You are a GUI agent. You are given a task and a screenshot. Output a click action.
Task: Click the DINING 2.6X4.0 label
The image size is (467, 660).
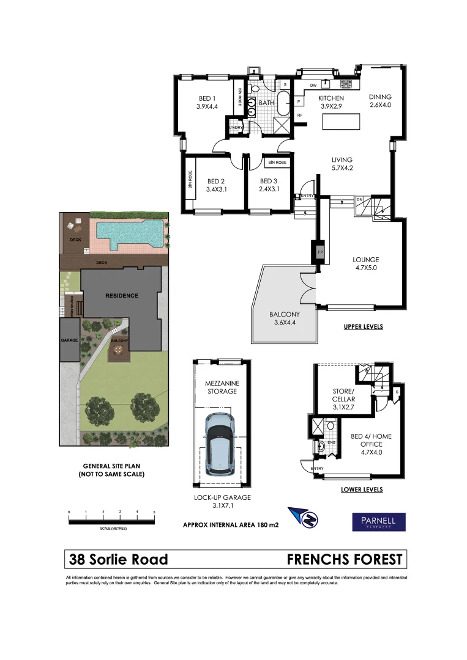tap(380, 101)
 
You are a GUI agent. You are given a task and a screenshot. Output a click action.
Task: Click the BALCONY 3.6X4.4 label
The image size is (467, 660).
tap(284, 319)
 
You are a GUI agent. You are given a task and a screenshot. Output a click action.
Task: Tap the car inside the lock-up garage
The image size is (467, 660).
tap(220, 442)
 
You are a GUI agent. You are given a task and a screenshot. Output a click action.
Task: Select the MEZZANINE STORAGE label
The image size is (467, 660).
tap(221, 387)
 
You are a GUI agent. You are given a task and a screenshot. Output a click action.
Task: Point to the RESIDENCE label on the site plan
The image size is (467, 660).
tap(121, 296)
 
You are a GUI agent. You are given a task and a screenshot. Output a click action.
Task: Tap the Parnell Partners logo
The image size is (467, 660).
tap(377, 521)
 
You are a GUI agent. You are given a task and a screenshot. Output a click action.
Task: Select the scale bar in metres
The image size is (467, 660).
tap(111, 521)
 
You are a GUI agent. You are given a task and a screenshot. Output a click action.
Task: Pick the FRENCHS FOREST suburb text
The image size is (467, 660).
tap(345, 559)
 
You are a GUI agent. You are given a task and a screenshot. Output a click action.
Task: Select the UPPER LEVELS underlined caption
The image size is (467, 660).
tap(363, 327)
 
